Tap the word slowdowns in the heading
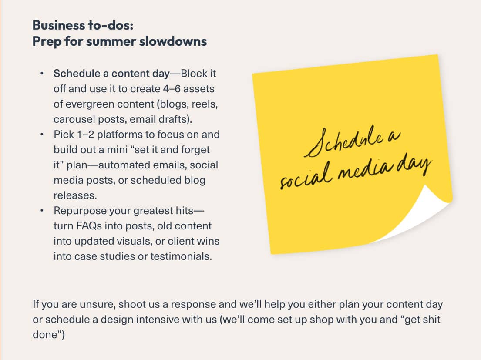(173, 41)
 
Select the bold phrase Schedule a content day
(112, 74)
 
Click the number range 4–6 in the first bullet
(172, 89)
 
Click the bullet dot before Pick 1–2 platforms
(42, 135)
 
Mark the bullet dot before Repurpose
(42, 211)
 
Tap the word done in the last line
(45, 335)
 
